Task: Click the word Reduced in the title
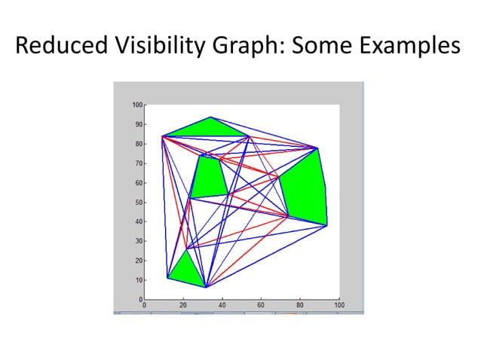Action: pyautogui.click(x=61, y=47)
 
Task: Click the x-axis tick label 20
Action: pyautogui.click(x=183, y=306)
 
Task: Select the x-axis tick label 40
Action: pyautogui.click(x=222, y=306)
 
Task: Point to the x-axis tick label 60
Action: pyautogui.click(x=261, y=306)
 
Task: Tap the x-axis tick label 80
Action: pyautogui.click(x=300, y=306)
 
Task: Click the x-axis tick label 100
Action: pyautogui.click(x=339, y=306)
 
